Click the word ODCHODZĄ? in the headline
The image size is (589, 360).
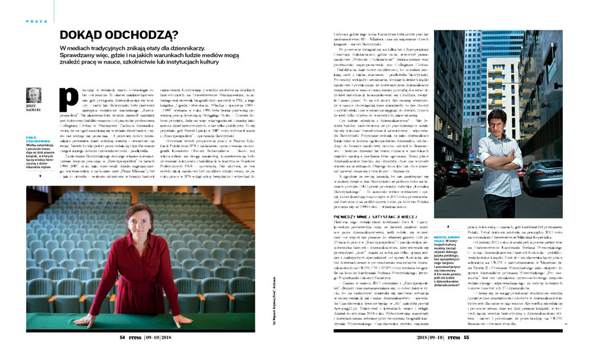point(151,35)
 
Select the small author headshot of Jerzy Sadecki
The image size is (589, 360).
point(34,96)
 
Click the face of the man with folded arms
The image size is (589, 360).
point(496,123)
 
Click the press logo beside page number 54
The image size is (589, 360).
point(135,337)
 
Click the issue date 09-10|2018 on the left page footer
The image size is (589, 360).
point(160,337)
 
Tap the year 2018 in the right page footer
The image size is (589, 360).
point(407,337)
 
